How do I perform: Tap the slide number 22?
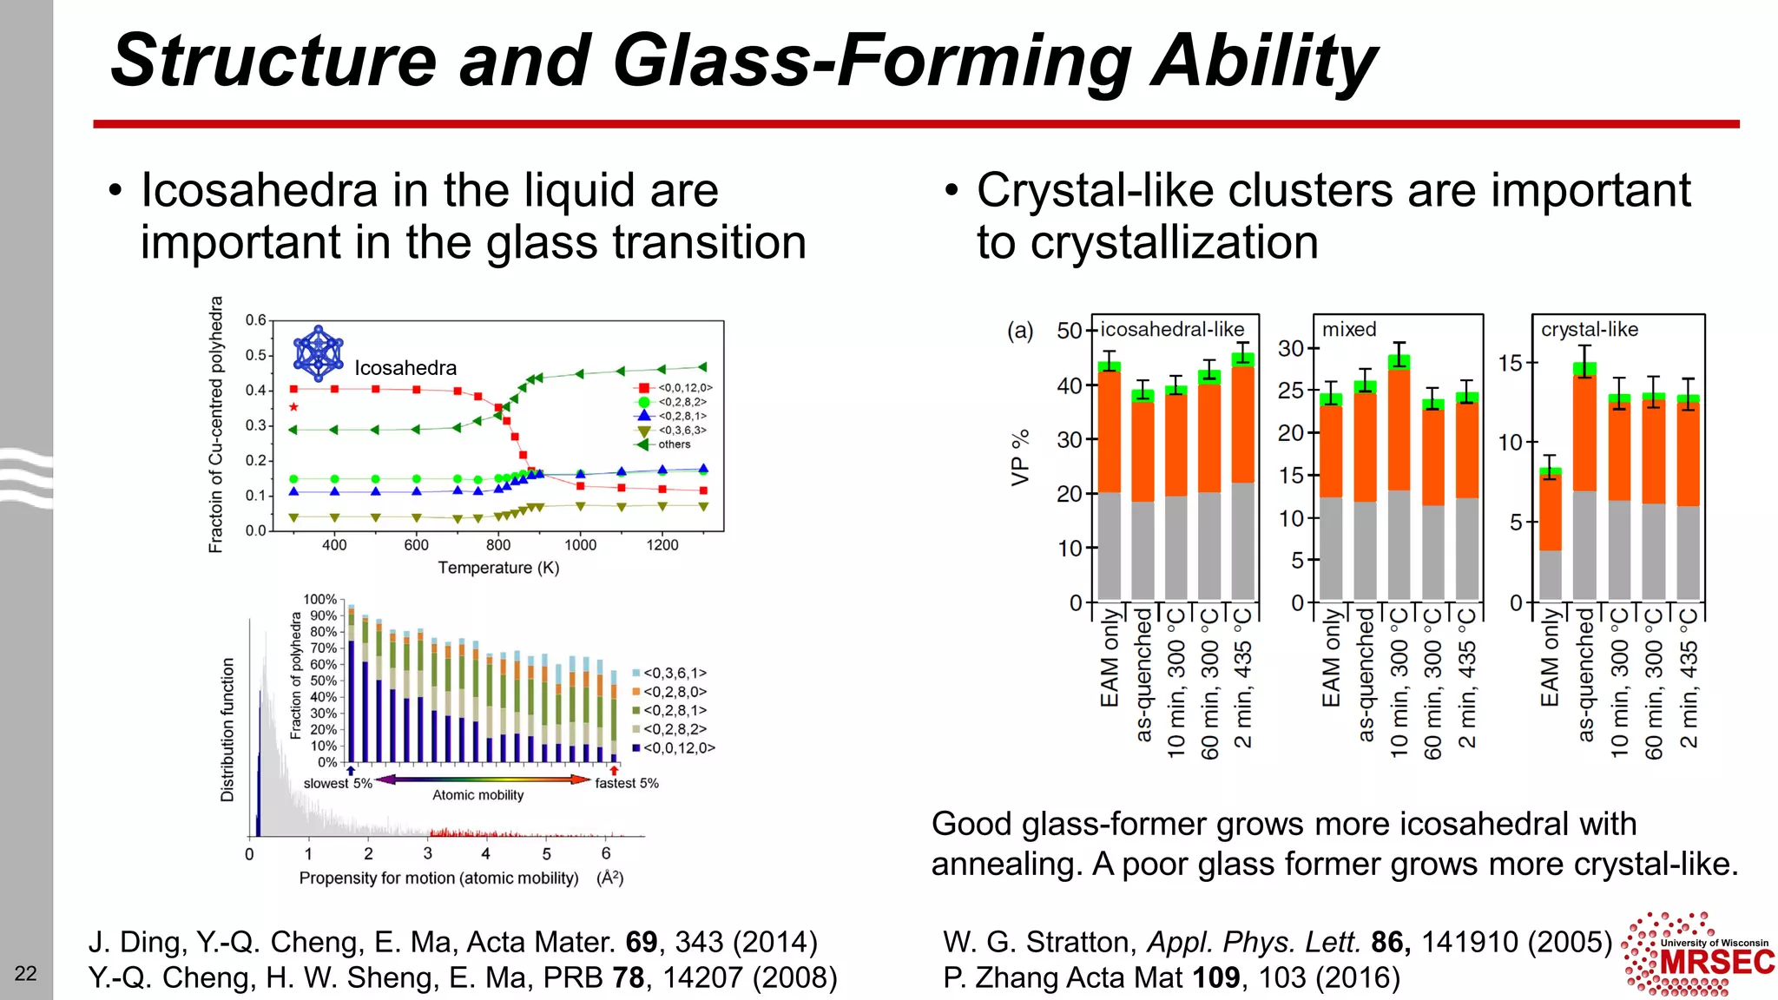pos(26,973)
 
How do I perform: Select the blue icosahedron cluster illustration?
pos(319,353)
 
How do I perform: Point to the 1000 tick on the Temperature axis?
pos(580,545)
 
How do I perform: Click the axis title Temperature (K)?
pos(498,568)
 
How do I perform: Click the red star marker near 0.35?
pos(293,407)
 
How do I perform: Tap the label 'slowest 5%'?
pos(338,783)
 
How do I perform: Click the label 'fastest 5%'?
pos(626,783)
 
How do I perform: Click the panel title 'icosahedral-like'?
pos(1172,330)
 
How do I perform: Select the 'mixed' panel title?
pos(1348,330)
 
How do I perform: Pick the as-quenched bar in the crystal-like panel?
pos(1585,486)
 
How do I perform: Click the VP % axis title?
pos(1020,457)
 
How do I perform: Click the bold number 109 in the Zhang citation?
pos(1215,978)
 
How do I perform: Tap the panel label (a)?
pos(1020,331)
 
